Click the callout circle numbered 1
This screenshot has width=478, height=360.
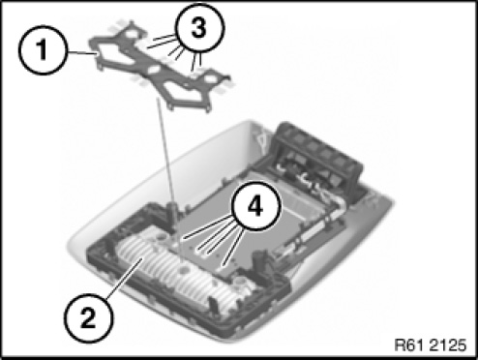coord(44,50)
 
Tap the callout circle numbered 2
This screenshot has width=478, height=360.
coord(89,318)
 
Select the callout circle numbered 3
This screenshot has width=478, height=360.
coord(199,27)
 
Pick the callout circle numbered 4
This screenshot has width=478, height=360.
coord(255,206)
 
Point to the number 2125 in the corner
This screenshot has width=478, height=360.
coord(449,345)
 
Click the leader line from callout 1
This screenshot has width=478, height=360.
coord(82,53)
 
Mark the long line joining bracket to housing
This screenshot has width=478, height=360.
coord(166,155)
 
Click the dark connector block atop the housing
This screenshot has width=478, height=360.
coord(316,158)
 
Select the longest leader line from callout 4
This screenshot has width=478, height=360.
coord(208,228)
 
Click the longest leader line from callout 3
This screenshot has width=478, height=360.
coord(163,42)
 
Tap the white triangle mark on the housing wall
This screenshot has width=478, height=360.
coord(260,137)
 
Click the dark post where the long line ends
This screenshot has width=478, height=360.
coord(172,211)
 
